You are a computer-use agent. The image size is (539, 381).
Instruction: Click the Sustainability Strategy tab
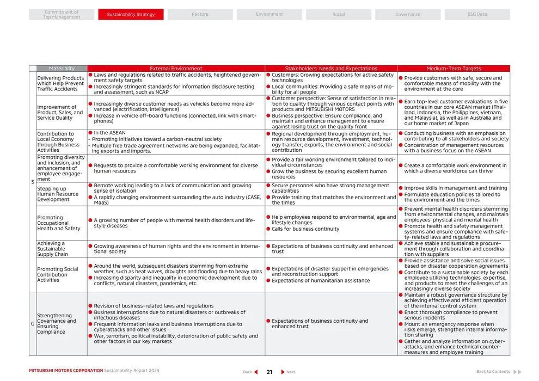(131, 15)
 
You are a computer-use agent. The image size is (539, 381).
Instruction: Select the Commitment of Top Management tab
(62, 15)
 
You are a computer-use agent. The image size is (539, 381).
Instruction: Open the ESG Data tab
(477, 15)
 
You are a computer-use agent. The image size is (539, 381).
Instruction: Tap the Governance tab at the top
(408, 15)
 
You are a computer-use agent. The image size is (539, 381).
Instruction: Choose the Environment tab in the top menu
(269, 15)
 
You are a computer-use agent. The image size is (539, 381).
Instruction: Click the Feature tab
(200, 15)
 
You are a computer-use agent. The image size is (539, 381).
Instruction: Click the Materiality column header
(62, 69)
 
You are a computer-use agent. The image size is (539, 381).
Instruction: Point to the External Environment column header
(176, 69)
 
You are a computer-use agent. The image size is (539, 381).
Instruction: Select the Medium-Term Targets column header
(454, 69)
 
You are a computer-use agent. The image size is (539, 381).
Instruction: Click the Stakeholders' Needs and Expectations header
(331, 69)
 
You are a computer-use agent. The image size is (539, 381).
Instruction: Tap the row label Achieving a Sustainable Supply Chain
(53, 249)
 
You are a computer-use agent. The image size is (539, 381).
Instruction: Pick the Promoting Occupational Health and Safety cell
(58, 223)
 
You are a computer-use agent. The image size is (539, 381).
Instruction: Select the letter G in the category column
(33, 324)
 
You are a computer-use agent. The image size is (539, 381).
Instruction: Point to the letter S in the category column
(33, 182)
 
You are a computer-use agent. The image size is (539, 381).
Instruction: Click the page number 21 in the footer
(269, 372)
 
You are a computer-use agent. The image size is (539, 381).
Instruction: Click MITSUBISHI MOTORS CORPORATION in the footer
(66, 371)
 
